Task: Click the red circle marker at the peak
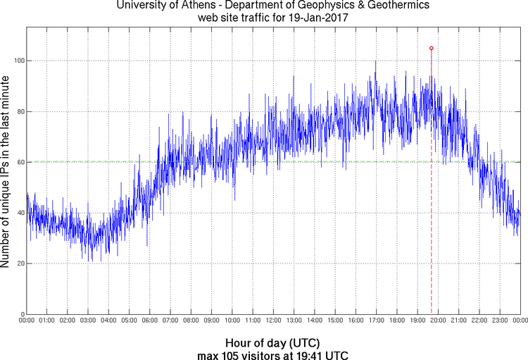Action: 431,48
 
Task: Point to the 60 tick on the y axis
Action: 19,162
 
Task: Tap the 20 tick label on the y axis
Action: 19,263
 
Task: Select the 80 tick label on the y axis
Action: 19,111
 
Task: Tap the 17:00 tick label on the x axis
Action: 376,321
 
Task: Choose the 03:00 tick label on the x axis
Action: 88,321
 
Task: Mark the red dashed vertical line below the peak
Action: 431,211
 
